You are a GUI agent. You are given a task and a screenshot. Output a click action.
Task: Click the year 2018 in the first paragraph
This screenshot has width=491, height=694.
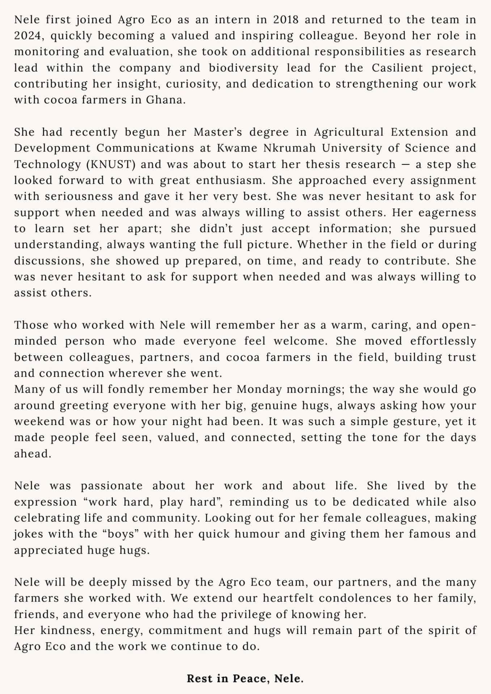coord(286,20)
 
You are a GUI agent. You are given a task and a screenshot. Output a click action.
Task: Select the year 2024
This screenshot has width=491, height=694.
coord(29,36)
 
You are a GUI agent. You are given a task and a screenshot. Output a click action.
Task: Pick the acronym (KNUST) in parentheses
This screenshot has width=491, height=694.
coord(111,164)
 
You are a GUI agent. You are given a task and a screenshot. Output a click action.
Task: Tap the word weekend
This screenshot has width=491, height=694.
coord(38,421)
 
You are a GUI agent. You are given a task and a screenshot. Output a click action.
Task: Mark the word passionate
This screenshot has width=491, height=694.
coord(111,485)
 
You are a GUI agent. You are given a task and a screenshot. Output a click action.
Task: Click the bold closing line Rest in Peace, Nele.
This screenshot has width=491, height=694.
coord(245,679)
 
